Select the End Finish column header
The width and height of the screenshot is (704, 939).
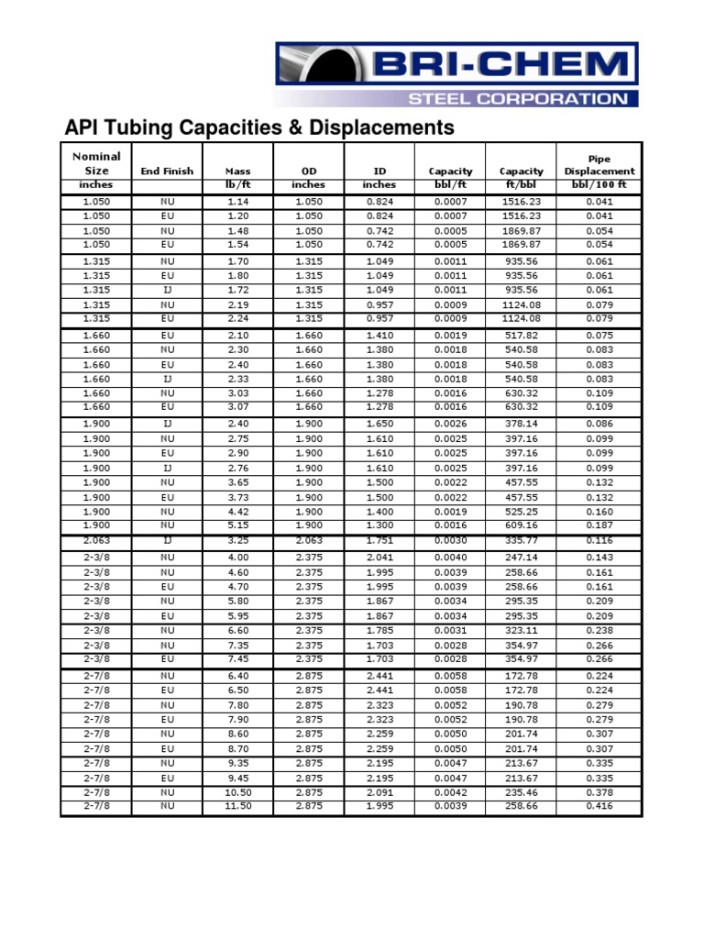point(166,171)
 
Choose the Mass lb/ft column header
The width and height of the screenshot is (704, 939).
point(237,177)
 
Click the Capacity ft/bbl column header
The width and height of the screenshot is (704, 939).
point(521,177)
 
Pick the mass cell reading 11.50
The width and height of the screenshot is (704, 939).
point(237,807)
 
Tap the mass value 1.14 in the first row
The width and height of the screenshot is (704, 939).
point(237,202)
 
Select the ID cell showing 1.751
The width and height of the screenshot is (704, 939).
point(379,541)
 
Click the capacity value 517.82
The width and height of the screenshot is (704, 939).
point(521,336)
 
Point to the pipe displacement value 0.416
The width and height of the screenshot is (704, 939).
point(599,807)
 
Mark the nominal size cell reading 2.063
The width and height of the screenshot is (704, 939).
point(96,541)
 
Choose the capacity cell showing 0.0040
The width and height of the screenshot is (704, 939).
point(450,557)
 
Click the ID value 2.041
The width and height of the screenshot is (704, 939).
point(379,557)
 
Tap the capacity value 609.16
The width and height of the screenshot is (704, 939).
point(521,526)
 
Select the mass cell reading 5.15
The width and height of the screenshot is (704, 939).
point(237,526)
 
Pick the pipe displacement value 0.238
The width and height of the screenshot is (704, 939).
point(599,630)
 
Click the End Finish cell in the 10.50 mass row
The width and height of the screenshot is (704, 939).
point(166,792)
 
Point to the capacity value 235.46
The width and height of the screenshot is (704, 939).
point(521,792)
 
